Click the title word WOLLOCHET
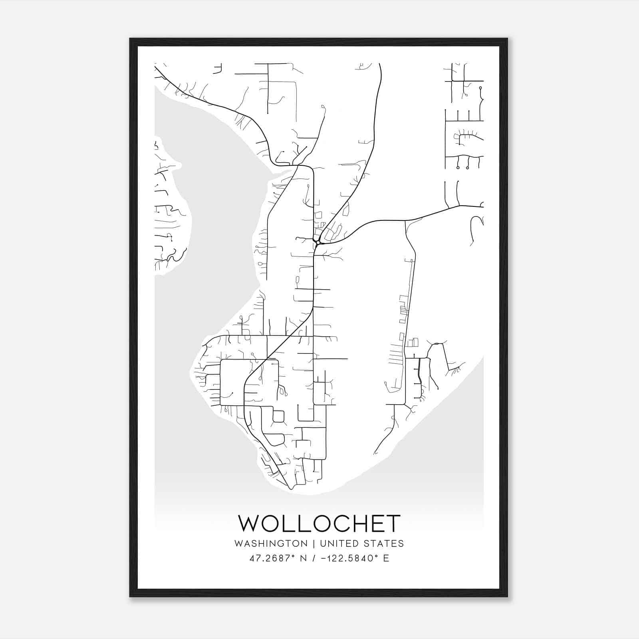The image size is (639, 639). click(319, 524)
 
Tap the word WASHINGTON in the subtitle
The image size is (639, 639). click(271, 544)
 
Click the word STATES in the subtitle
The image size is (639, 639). click(384, 544)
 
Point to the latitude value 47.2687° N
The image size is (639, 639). click(278, 558)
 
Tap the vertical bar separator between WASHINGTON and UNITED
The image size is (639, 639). click(314, 544)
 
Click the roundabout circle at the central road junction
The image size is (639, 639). click(318, 242)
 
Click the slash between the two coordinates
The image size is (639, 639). click(314, 558)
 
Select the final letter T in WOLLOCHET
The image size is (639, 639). click(393, 524)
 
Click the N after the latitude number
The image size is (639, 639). click(304, 558)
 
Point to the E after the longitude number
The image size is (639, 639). click(386, 558)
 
